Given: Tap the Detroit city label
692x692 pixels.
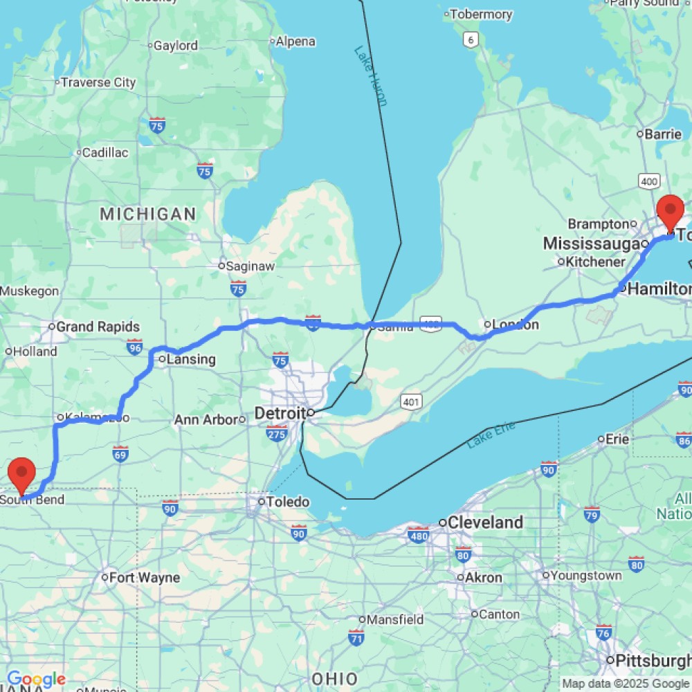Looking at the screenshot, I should [x=280, y=413].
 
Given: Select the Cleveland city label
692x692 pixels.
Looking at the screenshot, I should [x=485, y=522].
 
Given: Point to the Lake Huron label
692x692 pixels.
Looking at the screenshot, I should [x=370, y=75].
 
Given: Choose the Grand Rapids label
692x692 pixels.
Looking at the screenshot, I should [x=98, y=327].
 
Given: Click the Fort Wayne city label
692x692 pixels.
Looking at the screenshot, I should [x=145, y=577].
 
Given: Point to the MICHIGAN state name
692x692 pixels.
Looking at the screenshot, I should [x=148, y=214].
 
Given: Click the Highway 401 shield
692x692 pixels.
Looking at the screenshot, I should [x=411, y=401].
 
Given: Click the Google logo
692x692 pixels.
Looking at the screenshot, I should [x=36, y=679].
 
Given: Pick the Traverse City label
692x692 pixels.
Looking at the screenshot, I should [x=98, y=82].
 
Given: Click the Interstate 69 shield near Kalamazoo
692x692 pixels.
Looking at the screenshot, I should [x=121, y=453].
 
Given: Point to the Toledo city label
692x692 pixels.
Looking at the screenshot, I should [x=289, y=502].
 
